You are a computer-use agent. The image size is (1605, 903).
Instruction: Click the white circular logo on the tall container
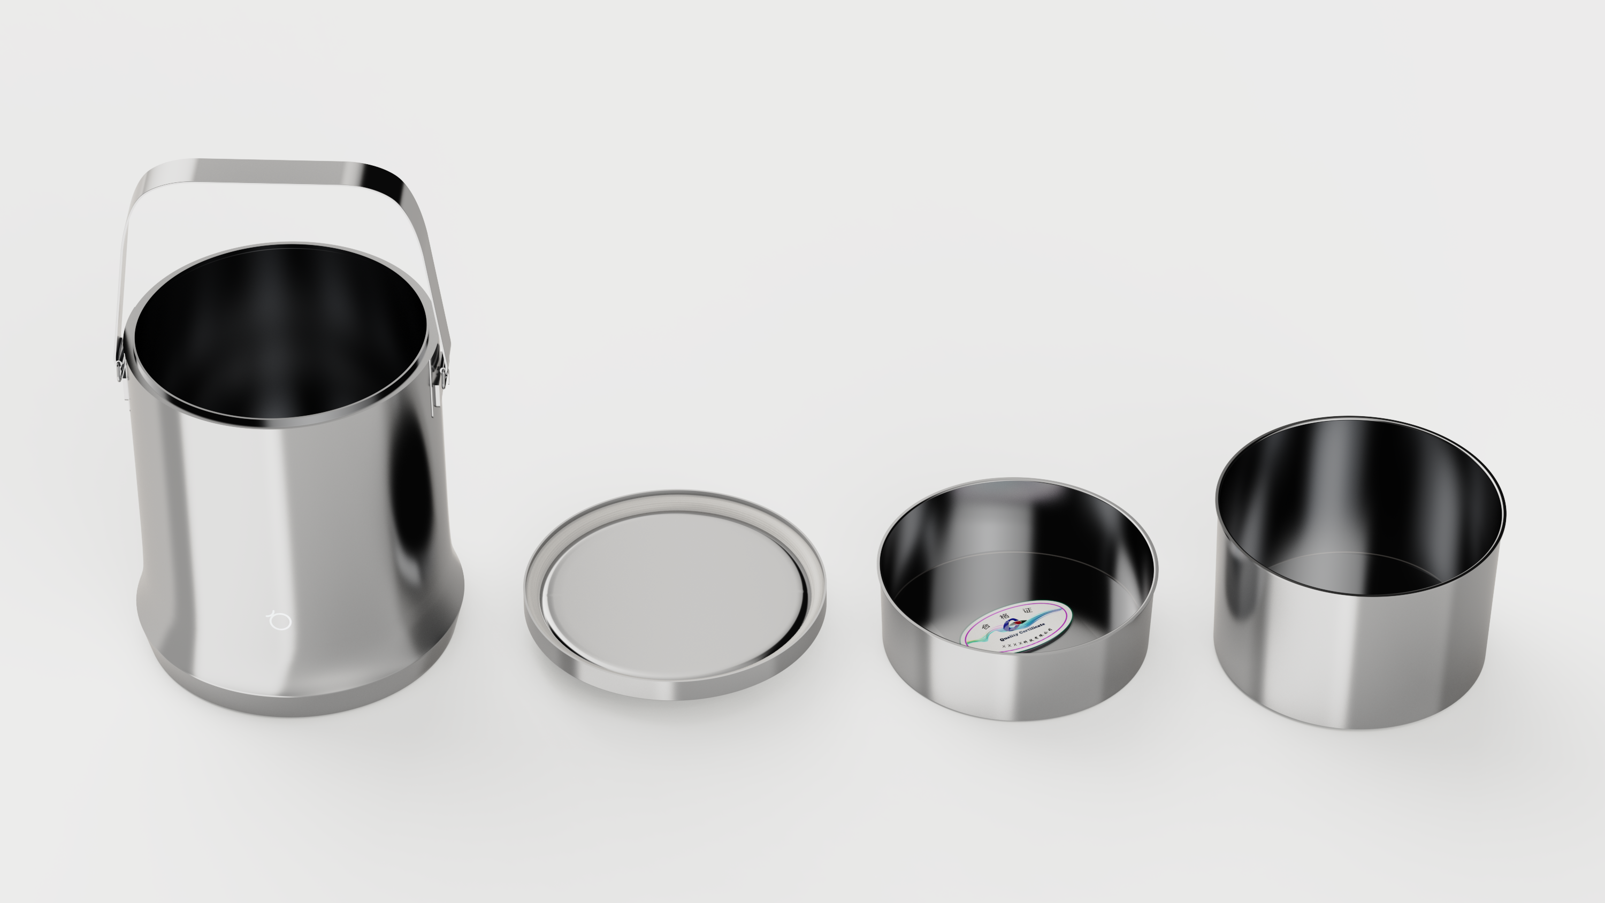click(279, 621)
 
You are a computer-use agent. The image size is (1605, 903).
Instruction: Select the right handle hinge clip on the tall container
click(442, 376)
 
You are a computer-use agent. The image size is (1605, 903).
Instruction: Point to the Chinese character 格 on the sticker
click(1005, 616)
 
